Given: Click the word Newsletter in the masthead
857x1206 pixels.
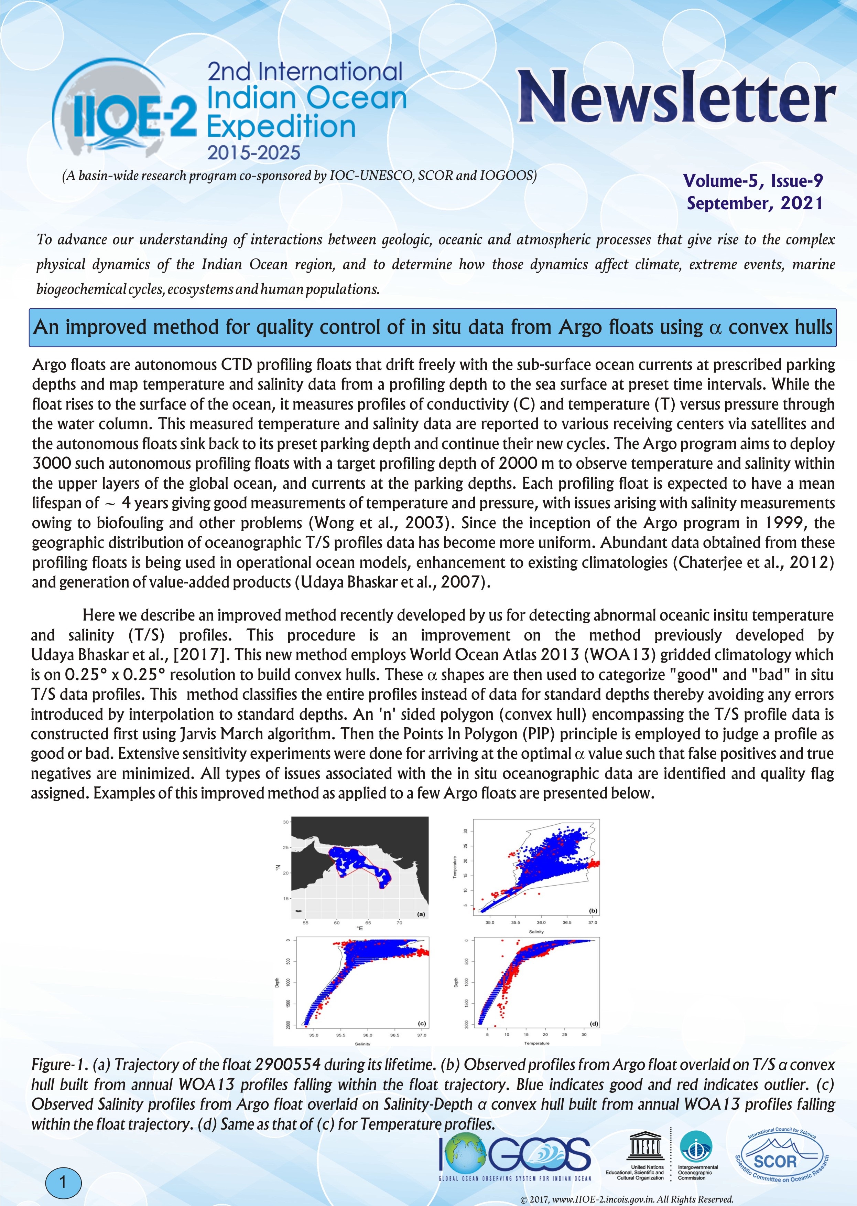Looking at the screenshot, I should (676, 97).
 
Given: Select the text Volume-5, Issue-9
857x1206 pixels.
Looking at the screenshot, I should (753, 181).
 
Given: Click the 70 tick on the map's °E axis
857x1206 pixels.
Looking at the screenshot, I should (400, 923).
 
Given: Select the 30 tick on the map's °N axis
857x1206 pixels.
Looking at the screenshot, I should (285, 822).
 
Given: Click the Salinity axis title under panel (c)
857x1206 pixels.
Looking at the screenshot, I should (362, 1044).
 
